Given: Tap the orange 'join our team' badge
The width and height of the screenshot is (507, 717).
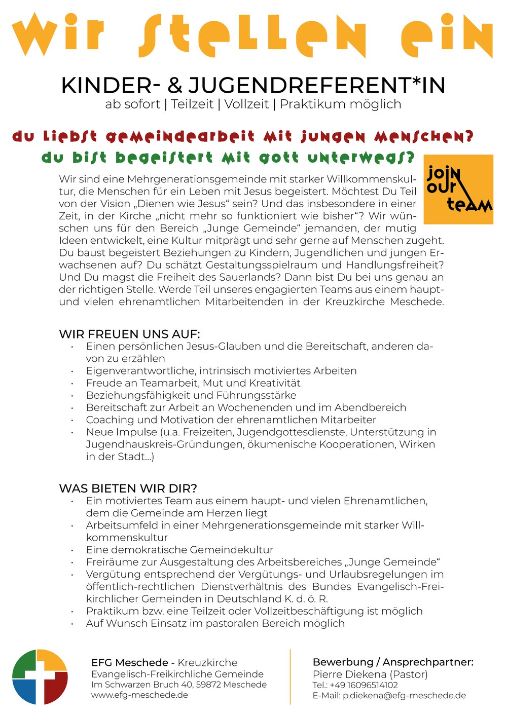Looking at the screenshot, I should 458,189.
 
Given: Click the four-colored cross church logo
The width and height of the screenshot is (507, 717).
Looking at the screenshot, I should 40,676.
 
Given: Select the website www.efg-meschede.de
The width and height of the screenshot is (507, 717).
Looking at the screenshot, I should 139,695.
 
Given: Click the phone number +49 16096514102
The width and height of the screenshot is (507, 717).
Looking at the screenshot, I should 364,685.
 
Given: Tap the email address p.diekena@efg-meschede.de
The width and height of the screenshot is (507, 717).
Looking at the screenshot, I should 404,696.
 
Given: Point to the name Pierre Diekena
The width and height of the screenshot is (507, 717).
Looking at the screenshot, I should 349,674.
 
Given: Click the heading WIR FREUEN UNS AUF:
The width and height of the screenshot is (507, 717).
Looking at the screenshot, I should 129,334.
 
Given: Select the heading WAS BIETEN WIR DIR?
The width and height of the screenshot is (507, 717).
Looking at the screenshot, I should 128,488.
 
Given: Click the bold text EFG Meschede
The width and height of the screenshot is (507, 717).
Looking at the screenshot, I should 129,663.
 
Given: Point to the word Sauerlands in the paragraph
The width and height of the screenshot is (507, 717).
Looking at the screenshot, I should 251,277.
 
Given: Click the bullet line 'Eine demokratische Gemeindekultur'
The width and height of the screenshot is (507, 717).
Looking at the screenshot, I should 179,550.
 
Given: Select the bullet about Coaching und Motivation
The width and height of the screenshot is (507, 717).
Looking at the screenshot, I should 231,420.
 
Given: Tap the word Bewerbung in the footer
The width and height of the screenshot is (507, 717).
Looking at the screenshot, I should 342,662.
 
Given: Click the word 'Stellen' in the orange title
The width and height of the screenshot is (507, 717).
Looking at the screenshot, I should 259,34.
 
